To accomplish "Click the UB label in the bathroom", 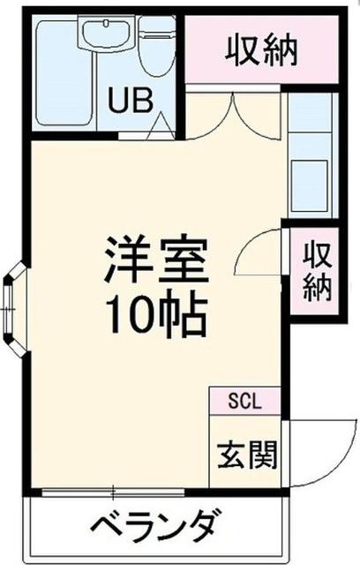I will [x=129, y=99].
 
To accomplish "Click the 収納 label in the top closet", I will [x=264, y=50].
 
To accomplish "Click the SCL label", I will [x=244, y=401].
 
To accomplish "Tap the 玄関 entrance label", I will [x=247, y=455].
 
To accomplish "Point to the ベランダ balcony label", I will [x=154, y=527].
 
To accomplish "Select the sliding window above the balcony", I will [x=115, y=489].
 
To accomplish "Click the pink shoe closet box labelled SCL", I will [x=244, y=401].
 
